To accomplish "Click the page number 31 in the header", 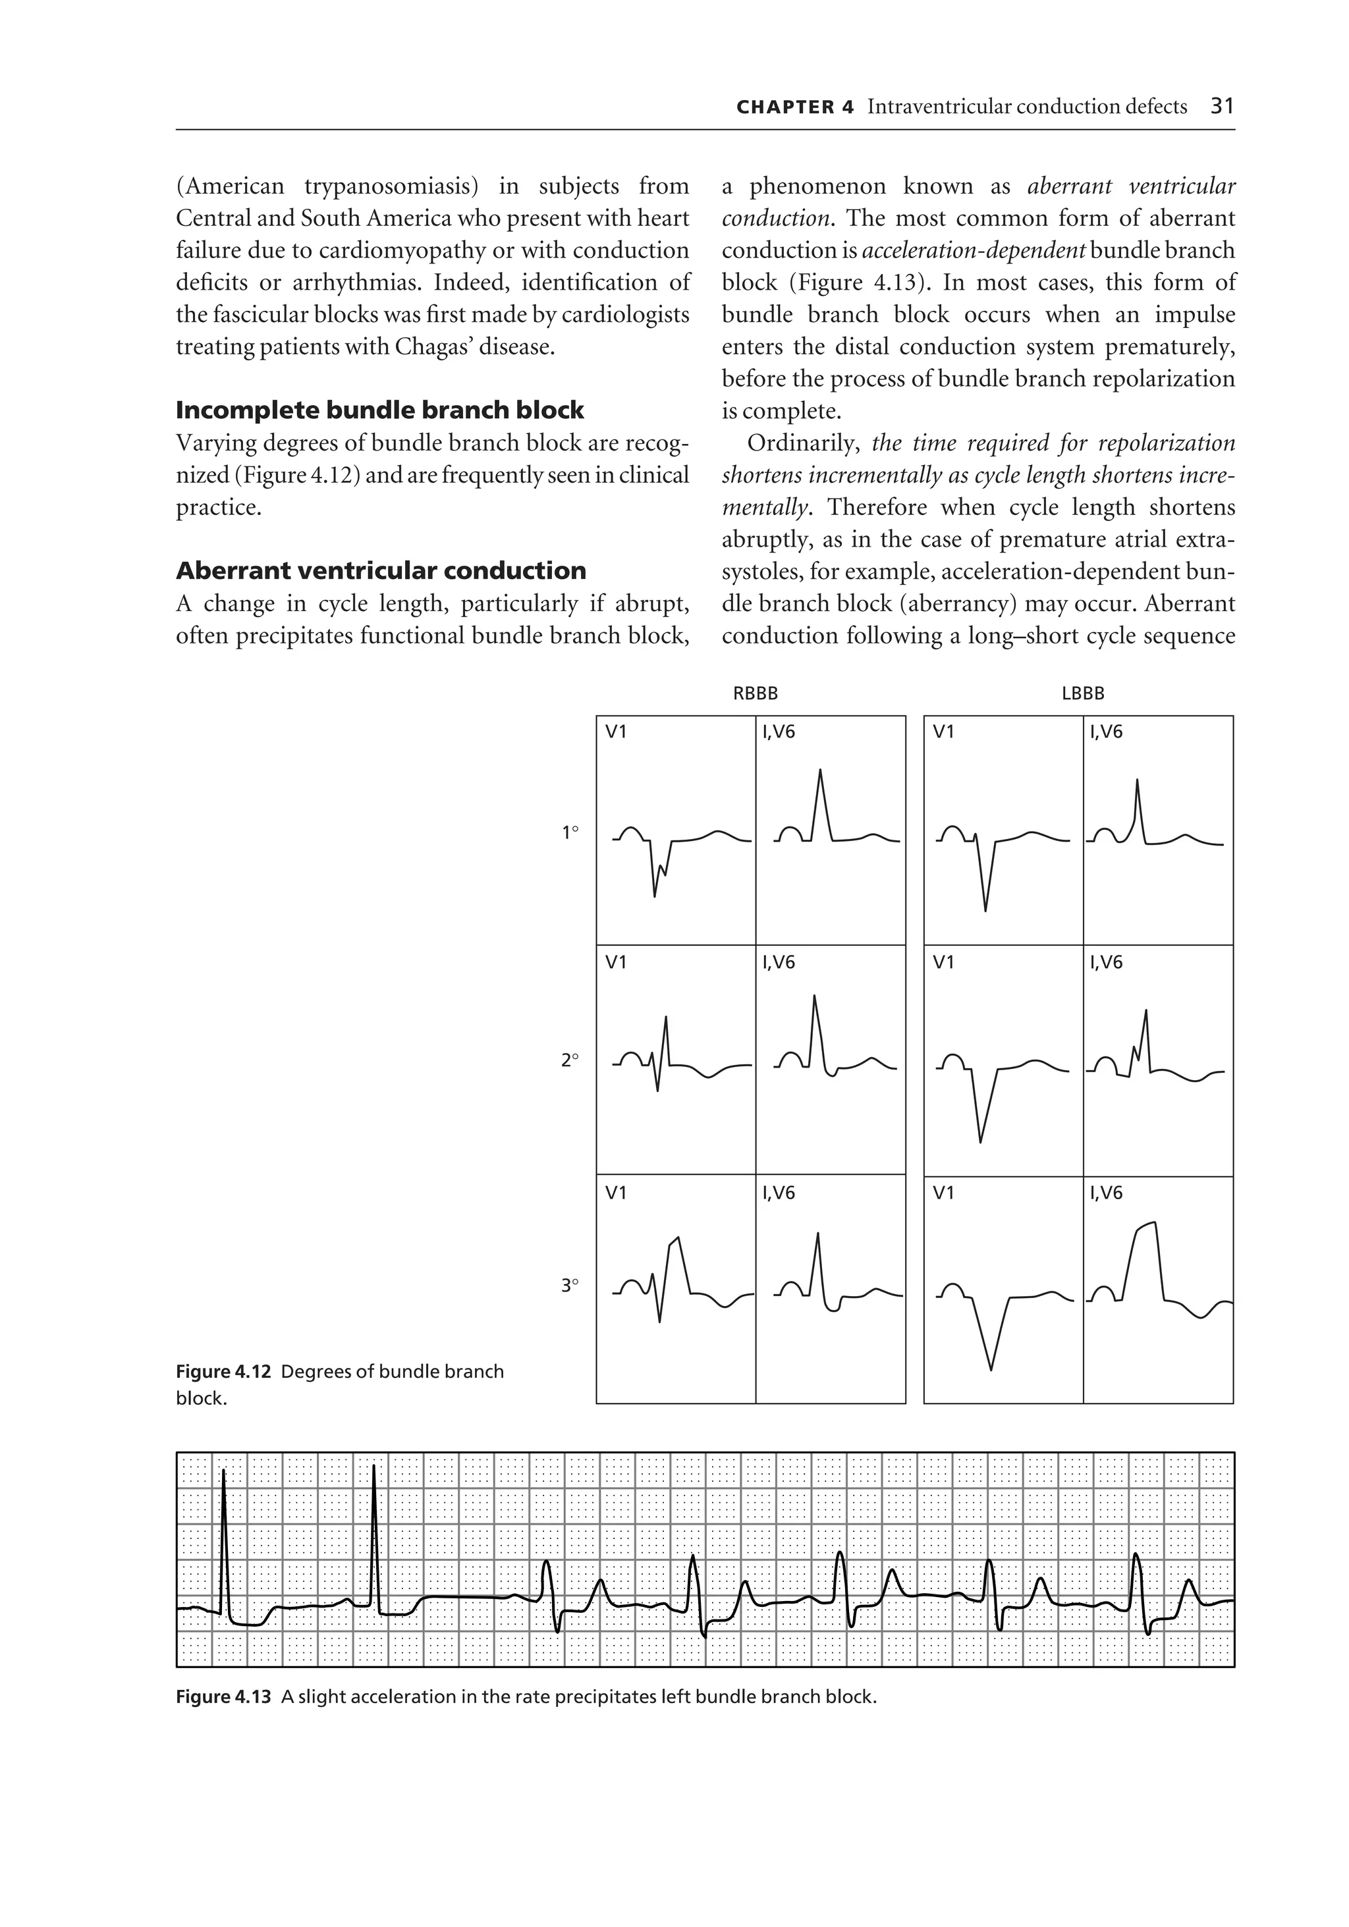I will pyautogui.click(x=1223, y=107).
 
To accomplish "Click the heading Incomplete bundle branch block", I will pyautogui.click(x=379, y=410).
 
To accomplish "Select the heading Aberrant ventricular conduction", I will pyautogui.click(x=380, y=571).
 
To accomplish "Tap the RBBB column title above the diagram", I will pyautogui.click(x=755, y=693).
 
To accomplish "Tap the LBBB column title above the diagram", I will pyautogui.click(x=1082, y=693).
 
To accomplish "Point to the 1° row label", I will pyautogui.click(x=570, y=832).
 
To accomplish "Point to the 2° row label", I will pyautogui.click(x=570, y=1060).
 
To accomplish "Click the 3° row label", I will pyautogui.click(x=570, y=1284).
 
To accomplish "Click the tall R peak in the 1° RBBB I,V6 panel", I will pyautogui.click(x=820, y=772).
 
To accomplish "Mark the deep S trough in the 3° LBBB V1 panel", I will pyautogui.click(x=991, y=1367).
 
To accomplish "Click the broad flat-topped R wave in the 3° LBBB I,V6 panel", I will pyautogui.click(x=1146, y=1227).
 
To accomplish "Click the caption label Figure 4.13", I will pyautogui.click(x=223, y=1696).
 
